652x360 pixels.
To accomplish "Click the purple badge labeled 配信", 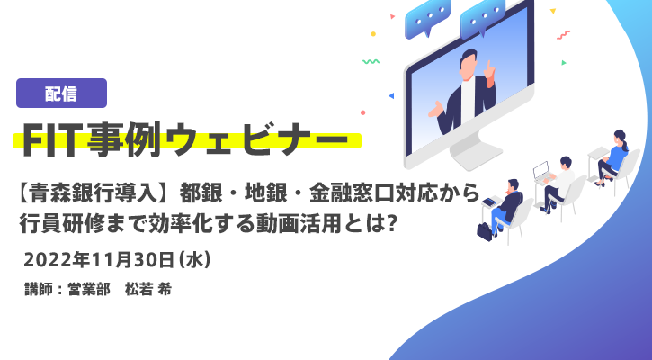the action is tap(61, 94).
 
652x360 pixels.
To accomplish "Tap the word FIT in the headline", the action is tap(52, 139).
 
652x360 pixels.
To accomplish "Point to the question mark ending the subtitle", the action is tap(390, 225).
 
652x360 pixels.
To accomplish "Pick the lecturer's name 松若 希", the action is tap(148, 289).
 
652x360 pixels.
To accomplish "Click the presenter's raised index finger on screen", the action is tap(489, 67).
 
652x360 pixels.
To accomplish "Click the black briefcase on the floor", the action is tap(485, 231).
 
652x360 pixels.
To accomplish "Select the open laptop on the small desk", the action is tap(541, 172).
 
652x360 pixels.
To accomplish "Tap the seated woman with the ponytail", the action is tap(612, 158).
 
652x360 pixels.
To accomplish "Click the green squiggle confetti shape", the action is tap(371, 61).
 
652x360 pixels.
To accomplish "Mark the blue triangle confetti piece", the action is tap(391, 95).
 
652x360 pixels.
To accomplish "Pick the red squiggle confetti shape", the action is tap(564, 35).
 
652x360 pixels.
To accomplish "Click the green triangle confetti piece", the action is tap(564, 63).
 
